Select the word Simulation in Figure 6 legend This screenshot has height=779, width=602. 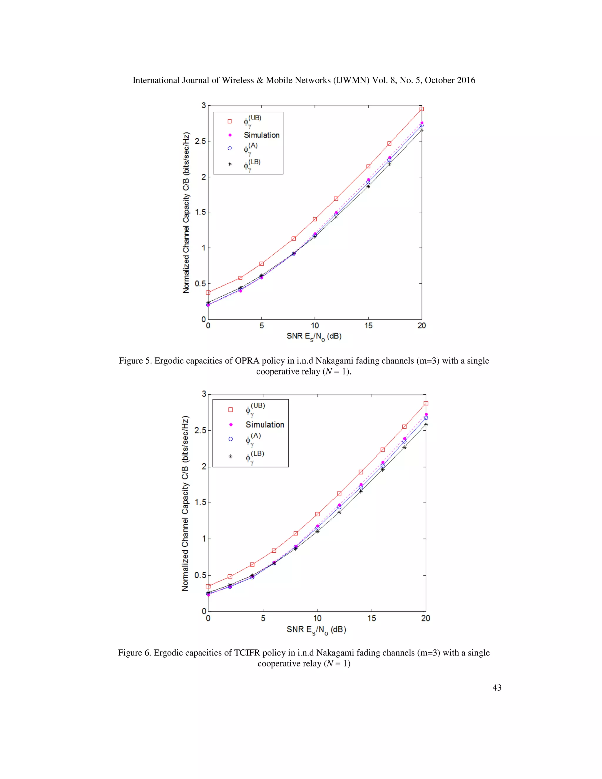(x=265, y=424)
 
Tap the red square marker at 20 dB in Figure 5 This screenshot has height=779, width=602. (x=422, y=109)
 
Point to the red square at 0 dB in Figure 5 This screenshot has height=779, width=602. (x=208, y=292)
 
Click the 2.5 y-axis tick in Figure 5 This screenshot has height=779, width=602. (x=200, y=141)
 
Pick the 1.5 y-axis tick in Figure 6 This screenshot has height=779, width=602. (x=200, y=503)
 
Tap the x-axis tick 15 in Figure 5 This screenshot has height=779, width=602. (x=368, y=326)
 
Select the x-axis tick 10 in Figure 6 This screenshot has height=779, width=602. (x=317, y=618)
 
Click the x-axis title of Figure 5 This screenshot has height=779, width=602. (x=314, y=336)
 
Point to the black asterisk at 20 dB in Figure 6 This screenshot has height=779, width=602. (x=426, y=424)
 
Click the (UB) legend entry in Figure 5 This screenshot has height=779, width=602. (x=252, y=121)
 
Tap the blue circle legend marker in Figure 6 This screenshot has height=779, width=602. (x=230, y=439)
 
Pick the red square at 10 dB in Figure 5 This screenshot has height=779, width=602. (x=315, y=219)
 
